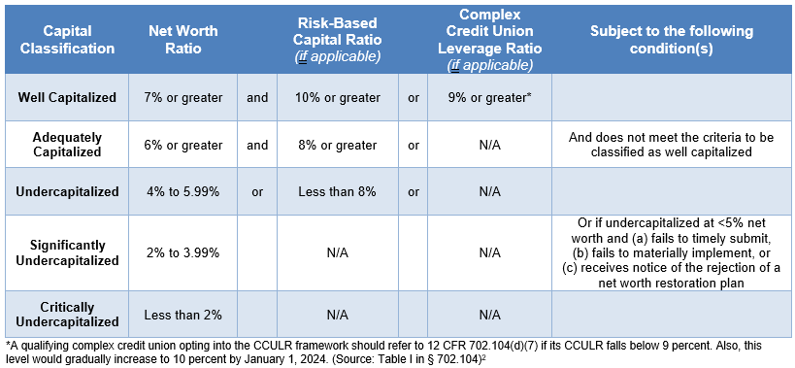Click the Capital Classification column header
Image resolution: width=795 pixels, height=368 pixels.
coord(67,40)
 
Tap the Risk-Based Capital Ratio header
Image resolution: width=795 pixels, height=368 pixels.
coord(338,40)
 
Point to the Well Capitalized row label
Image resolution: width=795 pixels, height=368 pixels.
coord(67,97)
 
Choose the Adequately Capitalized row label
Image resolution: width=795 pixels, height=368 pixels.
coord(67,145)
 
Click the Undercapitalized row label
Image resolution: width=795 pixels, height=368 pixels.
coord(67,191)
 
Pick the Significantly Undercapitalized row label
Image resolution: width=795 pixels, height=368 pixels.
coord(67,252)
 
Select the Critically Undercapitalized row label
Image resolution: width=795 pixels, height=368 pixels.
coord(67,314)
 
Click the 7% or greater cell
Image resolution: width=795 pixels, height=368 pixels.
coord(183,97)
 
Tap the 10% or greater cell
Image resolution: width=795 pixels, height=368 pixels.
coord(338,97)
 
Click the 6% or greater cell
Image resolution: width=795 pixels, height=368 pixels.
coord(183,145)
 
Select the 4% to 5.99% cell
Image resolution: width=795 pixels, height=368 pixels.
coord(183,191)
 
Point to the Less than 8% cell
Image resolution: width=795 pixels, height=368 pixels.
coord(338,191)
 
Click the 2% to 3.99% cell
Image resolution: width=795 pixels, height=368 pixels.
coord(183,252)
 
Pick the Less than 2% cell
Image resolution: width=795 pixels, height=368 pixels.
coord(183,314)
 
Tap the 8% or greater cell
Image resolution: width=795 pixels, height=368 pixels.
coord(338,145)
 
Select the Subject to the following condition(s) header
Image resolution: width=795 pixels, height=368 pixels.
coord(671,40)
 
